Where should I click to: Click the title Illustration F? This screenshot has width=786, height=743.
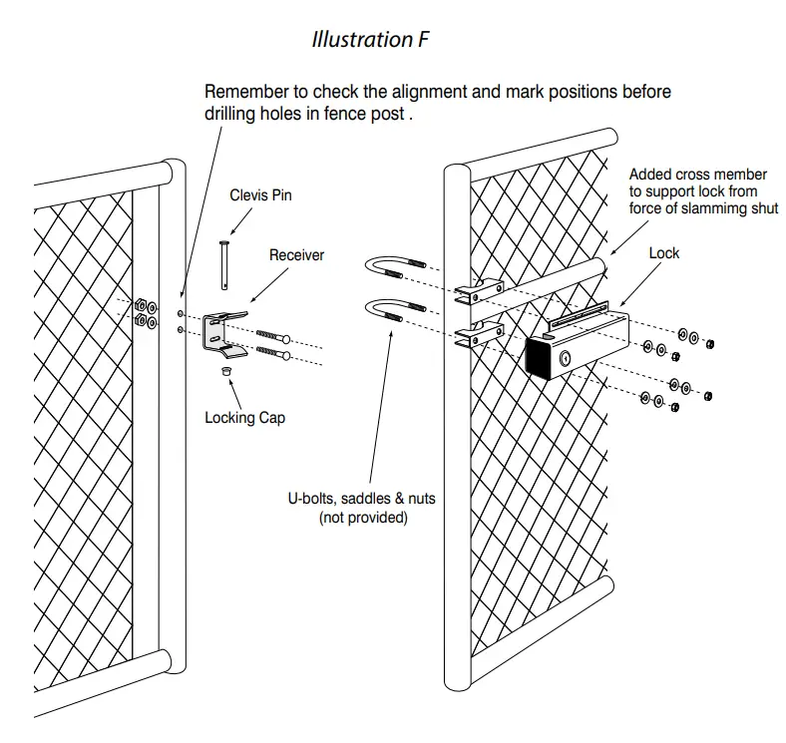(x=363, y=40)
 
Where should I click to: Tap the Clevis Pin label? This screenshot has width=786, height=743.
(x=260, y=195)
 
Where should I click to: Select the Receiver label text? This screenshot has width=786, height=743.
(x=296, y=255)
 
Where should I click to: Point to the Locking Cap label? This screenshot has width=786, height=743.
(x=244, y=418)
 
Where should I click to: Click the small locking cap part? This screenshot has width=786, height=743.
(x=225, y=371)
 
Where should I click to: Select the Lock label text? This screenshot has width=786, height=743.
(x=663, y=253)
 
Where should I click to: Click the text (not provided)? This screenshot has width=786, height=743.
(x=363, y=518)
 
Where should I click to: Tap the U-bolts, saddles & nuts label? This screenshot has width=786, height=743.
(x=363, y=500)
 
